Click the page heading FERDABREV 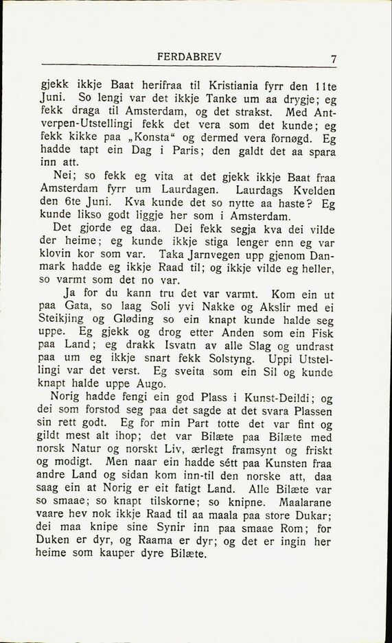tap(189, 57)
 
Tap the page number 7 tap(333, 59)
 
